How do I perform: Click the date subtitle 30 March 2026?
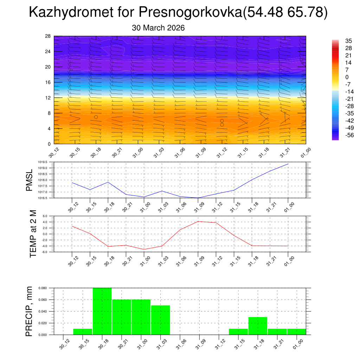(x=158, y=28)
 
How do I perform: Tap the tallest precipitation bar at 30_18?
(x=102, y=311)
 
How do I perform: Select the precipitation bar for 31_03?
(x=161, y=320)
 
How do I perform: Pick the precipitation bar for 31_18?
(x=258, y=326)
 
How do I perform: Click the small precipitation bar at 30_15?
(x=83, y=332)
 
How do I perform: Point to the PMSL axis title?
(x=29, y=180)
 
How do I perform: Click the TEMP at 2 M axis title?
(x=33, y=234)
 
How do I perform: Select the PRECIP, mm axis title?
(x=29, y=311)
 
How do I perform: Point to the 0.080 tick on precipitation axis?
(x=43, y=288)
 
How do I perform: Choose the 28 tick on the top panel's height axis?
(x=47, y=36)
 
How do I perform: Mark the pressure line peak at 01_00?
(x=288, y=164)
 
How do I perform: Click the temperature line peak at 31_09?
(x=198, y=221)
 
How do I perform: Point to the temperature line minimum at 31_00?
(x=144, y=249)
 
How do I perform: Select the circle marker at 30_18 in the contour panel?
(x=96, y=117)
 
